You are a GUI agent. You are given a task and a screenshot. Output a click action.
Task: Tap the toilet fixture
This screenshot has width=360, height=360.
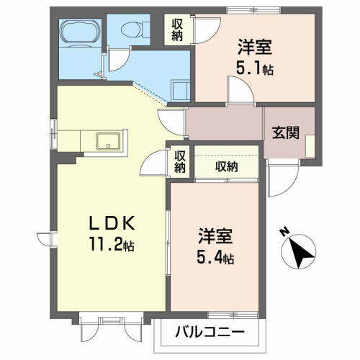pyautogui.click(x=132, y=30)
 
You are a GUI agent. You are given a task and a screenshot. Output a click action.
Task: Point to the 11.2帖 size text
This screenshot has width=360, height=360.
pyautogui.click(x=110, y=246)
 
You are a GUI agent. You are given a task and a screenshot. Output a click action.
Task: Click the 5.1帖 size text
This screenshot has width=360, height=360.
pyautogui.click(x=255, y=70)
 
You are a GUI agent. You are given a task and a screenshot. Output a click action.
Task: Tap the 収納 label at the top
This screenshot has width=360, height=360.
pyautogui.click(x=177, y=30)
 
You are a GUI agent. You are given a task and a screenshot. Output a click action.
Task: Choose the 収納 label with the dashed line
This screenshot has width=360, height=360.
pyautogui.click(x=226, y=166)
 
